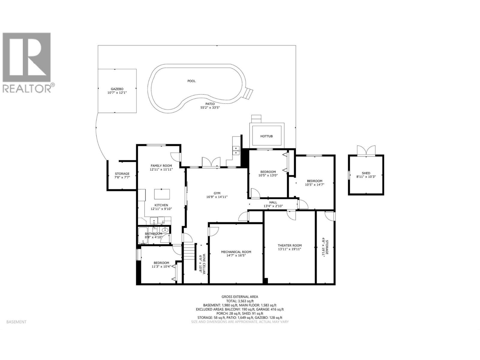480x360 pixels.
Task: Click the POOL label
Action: [191, 81]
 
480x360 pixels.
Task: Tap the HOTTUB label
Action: [266, 136]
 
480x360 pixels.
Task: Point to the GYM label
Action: [217, 193]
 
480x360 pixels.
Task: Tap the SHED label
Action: [366, 173]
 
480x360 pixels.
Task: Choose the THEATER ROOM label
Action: [289, 245]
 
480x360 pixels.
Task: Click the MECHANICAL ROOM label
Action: [236, 252]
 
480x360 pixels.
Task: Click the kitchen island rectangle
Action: [162, 194]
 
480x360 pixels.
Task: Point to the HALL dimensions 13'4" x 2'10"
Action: [273, 206]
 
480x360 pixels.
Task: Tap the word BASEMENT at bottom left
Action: [16, 322]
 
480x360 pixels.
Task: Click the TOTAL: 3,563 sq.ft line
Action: [240, 301]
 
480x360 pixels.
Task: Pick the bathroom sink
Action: [165, 230]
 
